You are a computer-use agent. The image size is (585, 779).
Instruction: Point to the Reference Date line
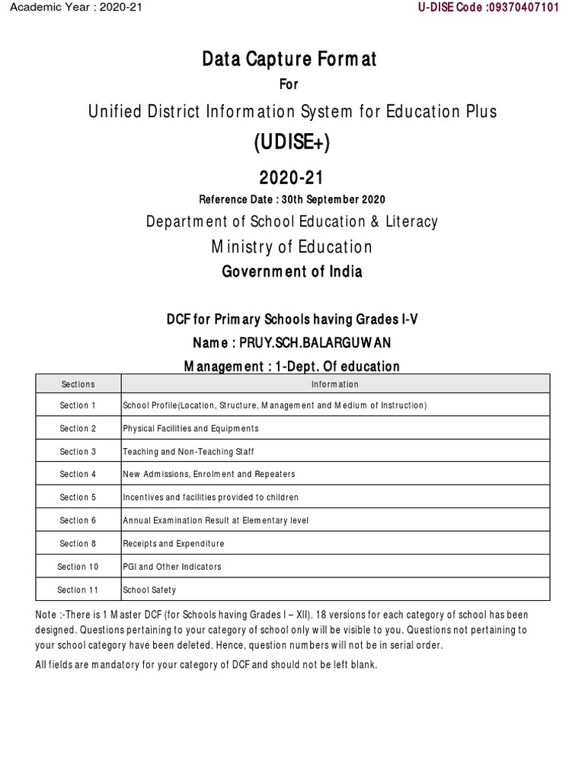[x=292, y=199]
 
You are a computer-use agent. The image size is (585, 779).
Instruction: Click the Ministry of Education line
[x=292, y=246]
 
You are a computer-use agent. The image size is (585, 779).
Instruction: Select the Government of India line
[x=292, y=272]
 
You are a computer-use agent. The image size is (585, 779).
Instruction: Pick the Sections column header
[x=78, y=384]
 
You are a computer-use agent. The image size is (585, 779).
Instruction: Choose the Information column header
[x=335, y=384]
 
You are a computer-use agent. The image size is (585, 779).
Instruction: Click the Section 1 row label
[x=78, y=405]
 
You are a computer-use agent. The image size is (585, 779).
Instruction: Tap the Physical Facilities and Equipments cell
[x=191, y=428]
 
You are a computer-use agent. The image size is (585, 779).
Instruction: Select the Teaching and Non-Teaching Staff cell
[x=188, y=451]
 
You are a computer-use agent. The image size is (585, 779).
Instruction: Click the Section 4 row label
[x=78, y=474]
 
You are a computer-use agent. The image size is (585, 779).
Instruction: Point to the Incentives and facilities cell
[x=211, y=497]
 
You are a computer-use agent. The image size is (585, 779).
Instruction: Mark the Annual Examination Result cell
[x=216, y=520]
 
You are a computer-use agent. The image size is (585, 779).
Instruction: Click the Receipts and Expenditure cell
[x=174, y=543]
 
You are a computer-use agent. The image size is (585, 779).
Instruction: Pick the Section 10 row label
[x=78, y=566]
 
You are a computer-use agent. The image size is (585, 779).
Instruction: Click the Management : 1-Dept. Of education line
[x=292, y=366]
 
